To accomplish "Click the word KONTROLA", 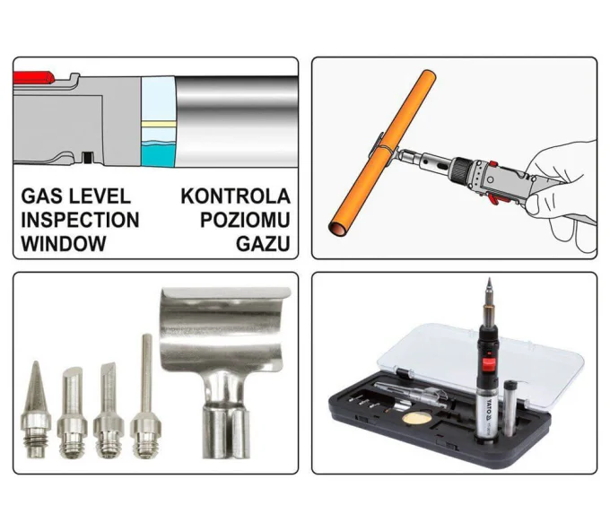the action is pos(235,196).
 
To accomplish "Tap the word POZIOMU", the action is pos(245,220).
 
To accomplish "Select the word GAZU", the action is pos(263,244).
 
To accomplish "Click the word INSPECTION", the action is pos(80,220).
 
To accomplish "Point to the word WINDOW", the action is pos(64,244).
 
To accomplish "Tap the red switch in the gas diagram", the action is pos(33,77).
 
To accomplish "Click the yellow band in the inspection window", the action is pos(159,124).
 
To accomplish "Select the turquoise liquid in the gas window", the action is pos(159,154).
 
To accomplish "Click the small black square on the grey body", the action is pos(88,157).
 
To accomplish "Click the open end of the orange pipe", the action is pos(337,229).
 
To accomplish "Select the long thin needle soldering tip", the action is pos(146,396).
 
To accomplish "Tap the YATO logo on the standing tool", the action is pos(489,411).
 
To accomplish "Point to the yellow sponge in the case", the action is pos(416,419).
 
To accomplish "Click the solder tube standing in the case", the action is pos(510,408).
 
